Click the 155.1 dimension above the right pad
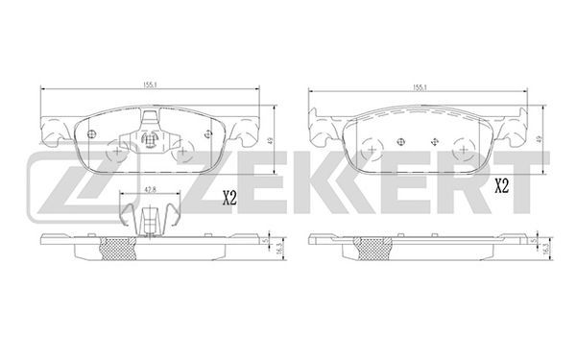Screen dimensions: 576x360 [420, 87]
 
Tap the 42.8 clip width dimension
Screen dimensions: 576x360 [150, 190]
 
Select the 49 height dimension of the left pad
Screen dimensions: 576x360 [270, 140]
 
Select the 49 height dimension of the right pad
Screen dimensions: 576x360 [539, 139]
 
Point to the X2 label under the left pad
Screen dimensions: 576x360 [229, 199]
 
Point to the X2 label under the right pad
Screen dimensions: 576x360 [501, 186]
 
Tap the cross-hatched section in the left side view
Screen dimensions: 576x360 [118, 249]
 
